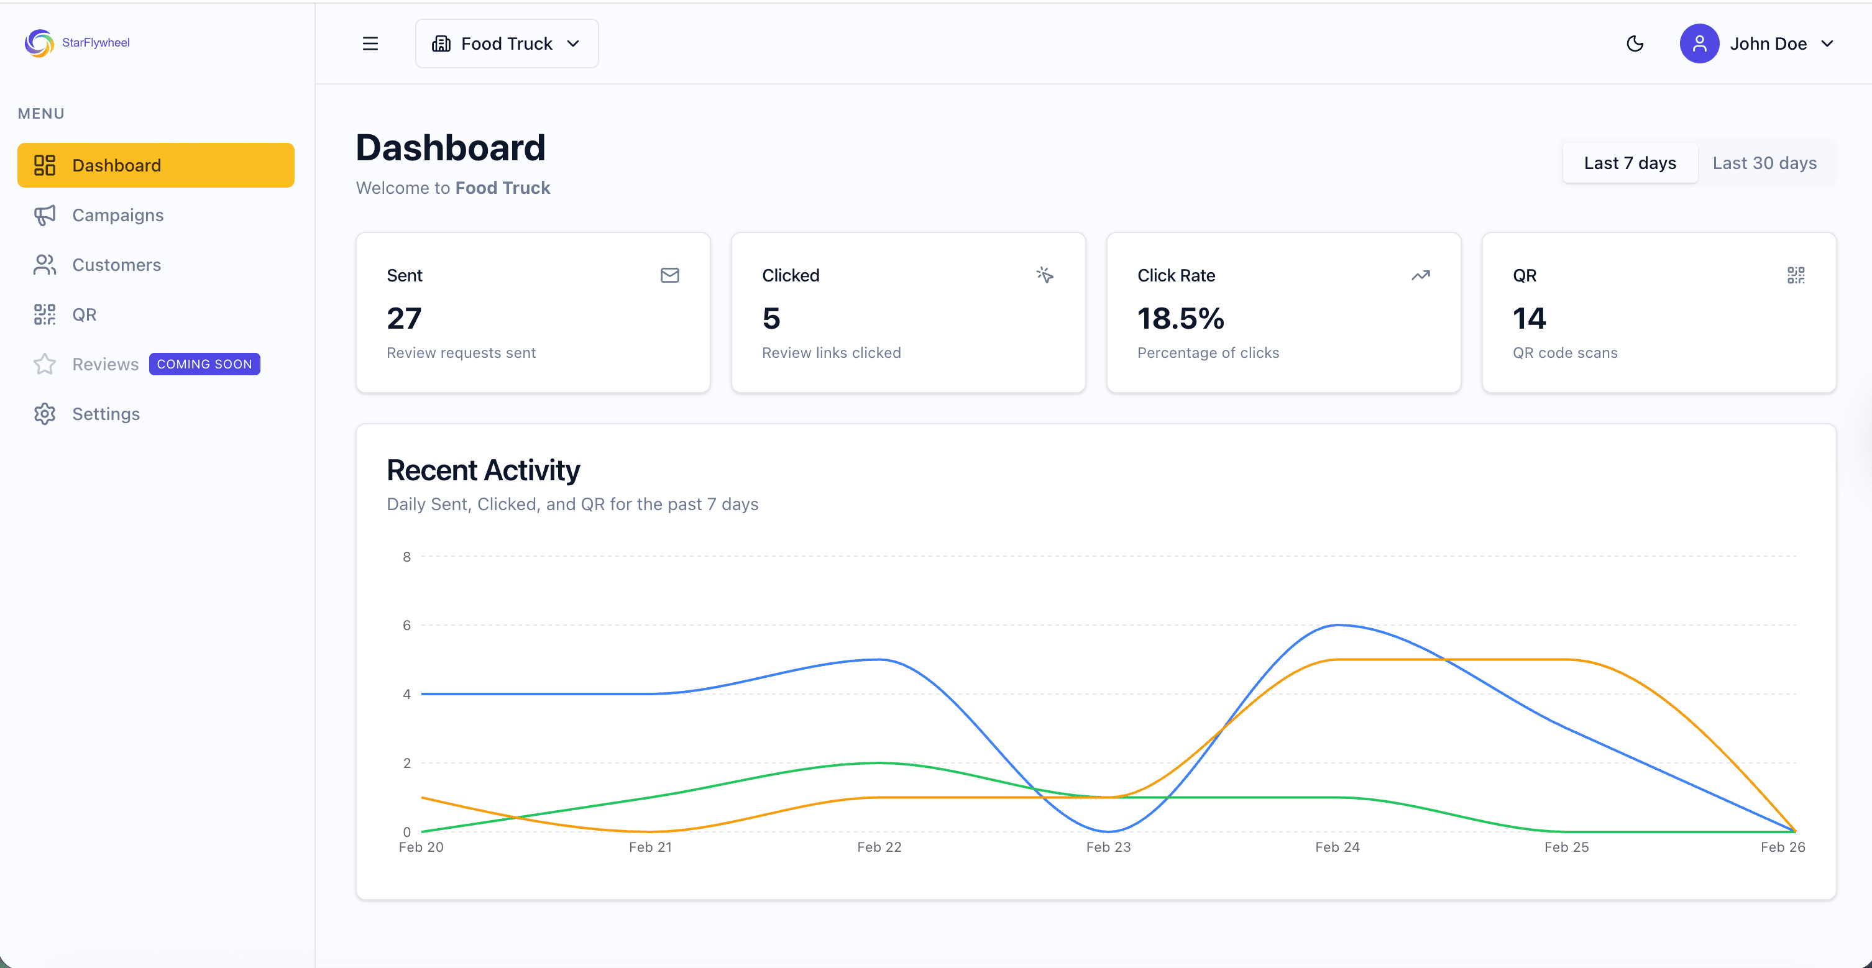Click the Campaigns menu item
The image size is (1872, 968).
coord(117,215)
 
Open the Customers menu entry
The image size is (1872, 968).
coord(116,265)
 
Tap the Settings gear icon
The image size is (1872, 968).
coord(44,414)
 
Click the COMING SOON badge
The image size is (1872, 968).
coord(204,364)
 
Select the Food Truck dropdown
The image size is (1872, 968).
coord(507,43)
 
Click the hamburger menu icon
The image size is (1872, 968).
coord(370,43)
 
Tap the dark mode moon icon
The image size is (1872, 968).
coord(1635,43)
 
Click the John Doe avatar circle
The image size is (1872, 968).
coord(1699,43)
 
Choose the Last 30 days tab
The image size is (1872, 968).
coord(1764,163)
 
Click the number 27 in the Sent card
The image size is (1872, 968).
coord(404,318)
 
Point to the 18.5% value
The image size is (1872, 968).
coord(1180,318)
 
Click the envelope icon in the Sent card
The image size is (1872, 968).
coord(669,275)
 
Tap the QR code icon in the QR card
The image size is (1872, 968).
coord(1795,275)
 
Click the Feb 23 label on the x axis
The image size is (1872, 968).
coord(1108,847)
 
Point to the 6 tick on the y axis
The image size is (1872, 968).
coord(407,625)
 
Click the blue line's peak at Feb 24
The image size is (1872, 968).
coord(1338,625)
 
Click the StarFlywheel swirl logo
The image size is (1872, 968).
coord(39,43)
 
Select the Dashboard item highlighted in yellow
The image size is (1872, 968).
coord(155,165)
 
